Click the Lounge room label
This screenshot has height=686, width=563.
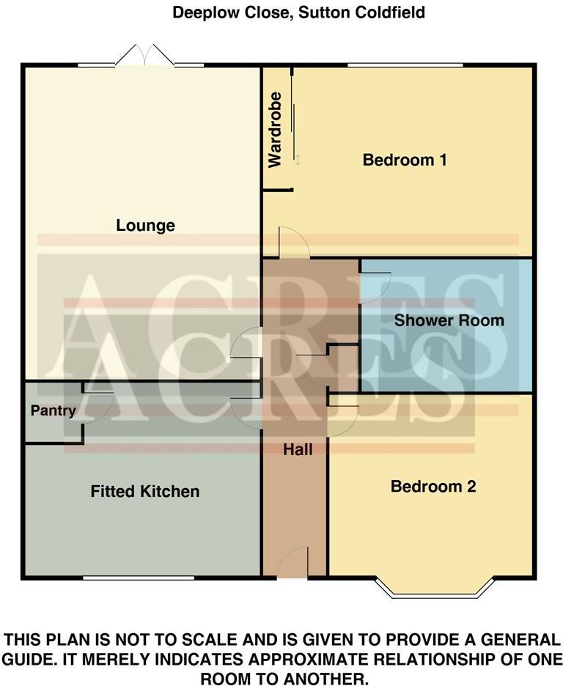145,226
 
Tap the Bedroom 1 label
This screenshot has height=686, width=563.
405,160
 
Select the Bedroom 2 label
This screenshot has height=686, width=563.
433,487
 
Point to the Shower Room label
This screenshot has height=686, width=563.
449,320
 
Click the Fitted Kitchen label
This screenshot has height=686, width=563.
144,491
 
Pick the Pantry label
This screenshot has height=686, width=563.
54,411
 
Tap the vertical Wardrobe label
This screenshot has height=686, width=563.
275,130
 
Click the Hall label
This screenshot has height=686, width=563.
298,449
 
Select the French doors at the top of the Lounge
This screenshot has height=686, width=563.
144,57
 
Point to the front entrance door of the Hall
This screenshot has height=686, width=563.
292,564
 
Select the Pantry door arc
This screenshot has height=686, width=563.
98,406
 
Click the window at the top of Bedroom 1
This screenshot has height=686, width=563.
405,66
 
